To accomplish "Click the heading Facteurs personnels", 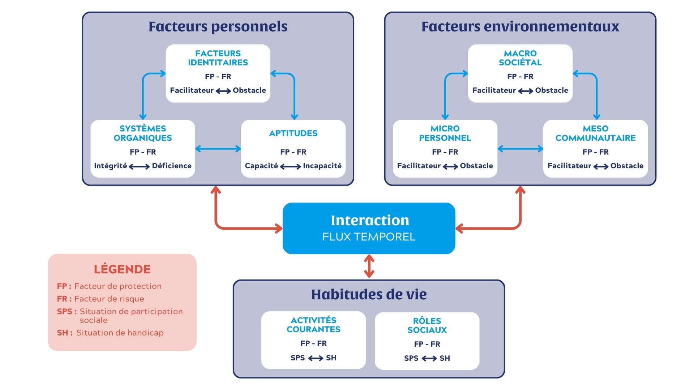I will (x=218, y=26).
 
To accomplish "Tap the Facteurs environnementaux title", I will (x=520, y=26).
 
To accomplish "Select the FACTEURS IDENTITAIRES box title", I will (x=218, y=58).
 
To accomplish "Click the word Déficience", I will (x=172, y=166).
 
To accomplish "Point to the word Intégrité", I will (x=110, y=166).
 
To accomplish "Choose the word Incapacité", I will (x=322, y=166).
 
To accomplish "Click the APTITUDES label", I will (x=293, y=133).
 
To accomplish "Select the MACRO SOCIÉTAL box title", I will (x=520, y=58).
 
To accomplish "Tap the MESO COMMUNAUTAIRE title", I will (x=595, y=133).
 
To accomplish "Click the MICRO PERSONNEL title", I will (x=445, y=133).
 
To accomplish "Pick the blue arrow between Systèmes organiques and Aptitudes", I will (x=218, y=148).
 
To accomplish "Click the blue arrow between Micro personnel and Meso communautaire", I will (x=520, y=148).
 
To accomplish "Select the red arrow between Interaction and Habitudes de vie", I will (x=369, y=266).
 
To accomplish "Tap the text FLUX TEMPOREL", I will (x=369, y=237).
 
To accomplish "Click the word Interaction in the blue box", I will (x=370, y=220).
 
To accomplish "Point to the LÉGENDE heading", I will (x=122, y=269).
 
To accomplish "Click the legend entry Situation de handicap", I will (x=120, y=333).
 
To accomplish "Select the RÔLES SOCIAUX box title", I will (x=427, y=325).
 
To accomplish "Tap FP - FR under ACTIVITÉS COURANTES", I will (x=313, y=343).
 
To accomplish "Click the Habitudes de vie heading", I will (x=369, y=294).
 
